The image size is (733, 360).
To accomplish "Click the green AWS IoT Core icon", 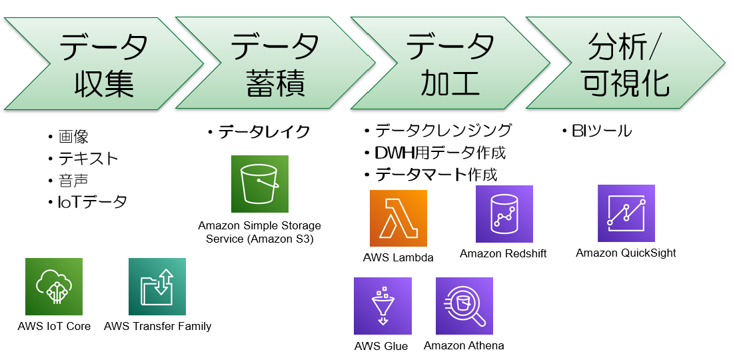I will point(54,287).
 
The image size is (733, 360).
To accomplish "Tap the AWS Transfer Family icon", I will point(157,287).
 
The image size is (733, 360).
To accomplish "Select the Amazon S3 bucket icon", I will point(260,184).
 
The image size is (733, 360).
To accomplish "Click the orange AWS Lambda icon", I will point(398,219).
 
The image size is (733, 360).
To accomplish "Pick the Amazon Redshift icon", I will point(504,214).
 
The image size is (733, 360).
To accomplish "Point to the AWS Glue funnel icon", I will point(382,306).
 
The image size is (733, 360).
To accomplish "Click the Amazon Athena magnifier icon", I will point(464,306).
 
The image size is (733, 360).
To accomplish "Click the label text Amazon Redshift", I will point(503,254).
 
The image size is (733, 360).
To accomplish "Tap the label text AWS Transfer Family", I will point(158,326).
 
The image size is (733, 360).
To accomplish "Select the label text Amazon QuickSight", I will point(626,253).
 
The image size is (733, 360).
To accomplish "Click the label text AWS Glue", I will point(381,346).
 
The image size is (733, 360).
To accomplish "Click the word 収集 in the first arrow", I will point(103,84).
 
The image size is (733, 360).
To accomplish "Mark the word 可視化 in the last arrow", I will point(626,84).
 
